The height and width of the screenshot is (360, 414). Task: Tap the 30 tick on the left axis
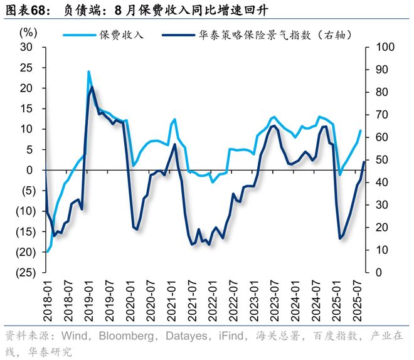pos(27,48)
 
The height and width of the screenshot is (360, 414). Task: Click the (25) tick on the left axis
pos(24,273)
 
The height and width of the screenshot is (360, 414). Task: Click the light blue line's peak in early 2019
pos(88,71)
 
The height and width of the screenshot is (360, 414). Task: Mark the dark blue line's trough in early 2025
pos(340,238)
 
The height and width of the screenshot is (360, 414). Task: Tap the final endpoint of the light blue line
pos(361,130)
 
